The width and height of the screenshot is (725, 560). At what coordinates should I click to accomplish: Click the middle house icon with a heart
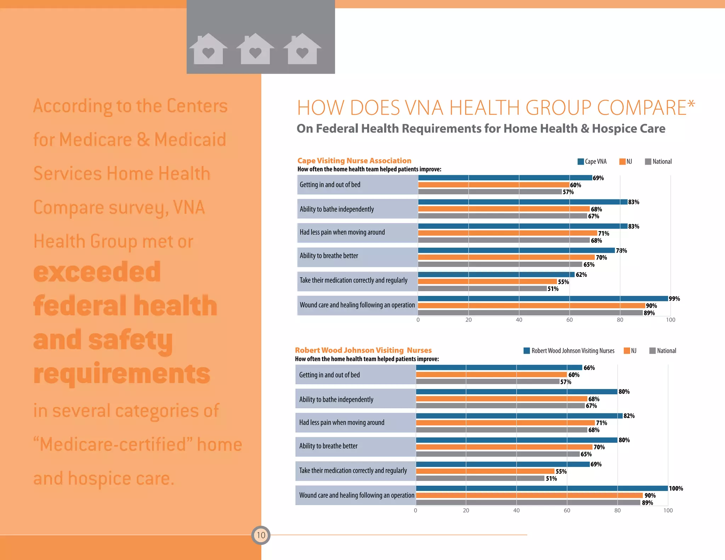[x=255, y=49]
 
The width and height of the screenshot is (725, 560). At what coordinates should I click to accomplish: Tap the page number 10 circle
[x=261, y=535]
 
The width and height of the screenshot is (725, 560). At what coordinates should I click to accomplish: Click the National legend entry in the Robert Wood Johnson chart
[x=663, y=351]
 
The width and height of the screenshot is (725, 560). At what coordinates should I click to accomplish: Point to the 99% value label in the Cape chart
[x=674, y=299]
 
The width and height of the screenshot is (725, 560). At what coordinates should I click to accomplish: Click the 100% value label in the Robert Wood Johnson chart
[x=676, y=488]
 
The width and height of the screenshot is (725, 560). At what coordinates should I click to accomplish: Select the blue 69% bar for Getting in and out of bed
[x=505, y=178]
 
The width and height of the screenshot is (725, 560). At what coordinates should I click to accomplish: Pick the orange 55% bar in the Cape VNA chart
[x=487, y=282]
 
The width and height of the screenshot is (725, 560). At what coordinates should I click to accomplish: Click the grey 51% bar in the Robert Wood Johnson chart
[x=480, y=478]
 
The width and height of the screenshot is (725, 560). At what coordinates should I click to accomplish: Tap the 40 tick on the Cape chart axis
[x=519, y=320]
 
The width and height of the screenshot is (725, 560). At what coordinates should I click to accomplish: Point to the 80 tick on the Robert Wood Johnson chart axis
[x=617, y=510]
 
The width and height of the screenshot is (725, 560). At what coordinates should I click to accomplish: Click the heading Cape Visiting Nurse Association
[x=354, y=161]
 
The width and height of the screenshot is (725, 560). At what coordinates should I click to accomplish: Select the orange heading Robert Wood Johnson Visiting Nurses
[x=363, y=350]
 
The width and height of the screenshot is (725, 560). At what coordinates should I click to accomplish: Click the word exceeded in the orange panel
[x=97, y=272]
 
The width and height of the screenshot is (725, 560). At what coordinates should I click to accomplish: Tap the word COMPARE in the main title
[x=642, y=108]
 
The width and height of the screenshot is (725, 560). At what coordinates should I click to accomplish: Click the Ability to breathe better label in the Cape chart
[x=329, y=256]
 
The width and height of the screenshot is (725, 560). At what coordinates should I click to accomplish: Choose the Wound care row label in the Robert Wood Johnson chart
[x=356, y=495]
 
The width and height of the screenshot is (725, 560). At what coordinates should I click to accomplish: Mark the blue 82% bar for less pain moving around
[x=519, y=416]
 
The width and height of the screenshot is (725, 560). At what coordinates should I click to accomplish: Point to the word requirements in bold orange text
[x=122, y=374]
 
